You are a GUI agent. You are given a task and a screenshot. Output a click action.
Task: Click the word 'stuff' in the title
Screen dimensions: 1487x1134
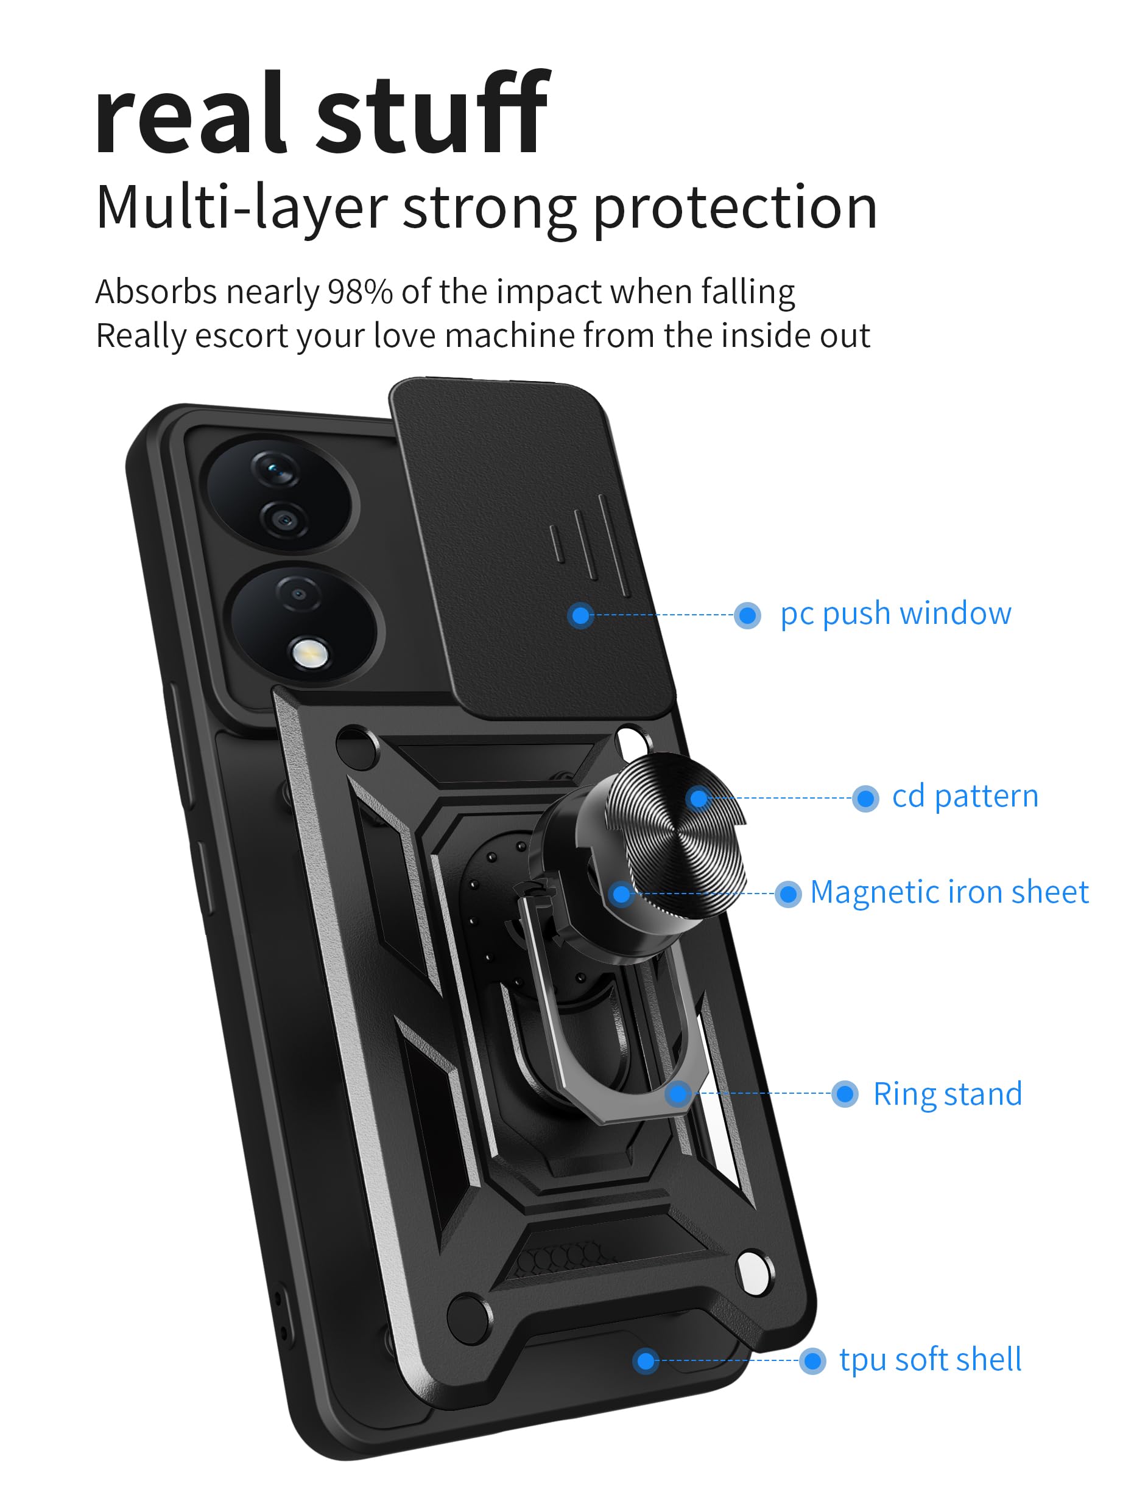tap(432, 114)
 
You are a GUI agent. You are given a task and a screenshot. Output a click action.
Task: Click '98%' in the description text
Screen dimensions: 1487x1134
tap(360, 292)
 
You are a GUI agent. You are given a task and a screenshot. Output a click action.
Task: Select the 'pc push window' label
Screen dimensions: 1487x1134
tap(895, 614)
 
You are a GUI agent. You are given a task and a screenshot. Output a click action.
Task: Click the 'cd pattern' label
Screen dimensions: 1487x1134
tap(965, 797)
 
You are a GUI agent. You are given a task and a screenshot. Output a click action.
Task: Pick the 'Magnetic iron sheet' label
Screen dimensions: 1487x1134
tap(948, 892)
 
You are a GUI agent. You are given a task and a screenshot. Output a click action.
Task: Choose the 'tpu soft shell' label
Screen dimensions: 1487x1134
tap(929, 1360)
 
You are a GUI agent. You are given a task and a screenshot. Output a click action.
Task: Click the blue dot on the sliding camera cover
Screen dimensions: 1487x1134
tap(580, 615)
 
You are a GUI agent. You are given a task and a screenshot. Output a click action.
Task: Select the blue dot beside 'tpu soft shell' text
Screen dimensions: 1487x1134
tap(812, 1361)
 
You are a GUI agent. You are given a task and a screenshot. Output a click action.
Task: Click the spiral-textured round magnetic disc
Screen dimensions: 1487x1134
tap(675, 836)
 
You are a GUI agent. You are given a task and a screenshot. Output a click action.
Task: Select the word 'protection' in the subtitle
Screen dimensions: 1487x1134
tap(734, 208)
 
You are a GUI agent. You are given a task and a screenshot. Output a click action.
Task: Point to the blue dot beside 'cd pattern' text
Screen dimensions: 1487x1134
tap(865, 799)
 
